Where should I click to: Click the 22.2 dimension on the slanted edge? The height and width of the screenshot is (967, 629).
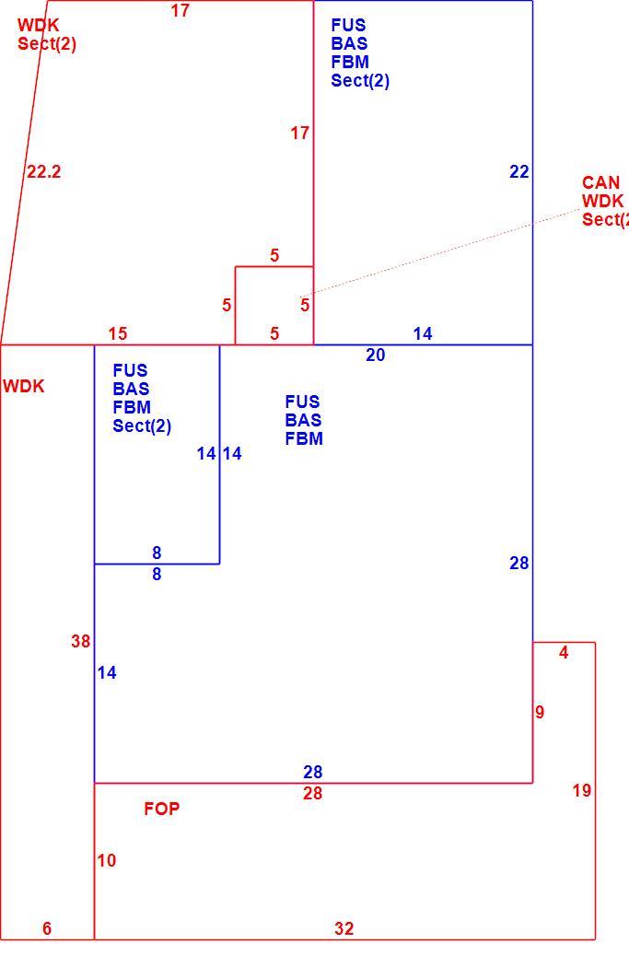click(44, 172)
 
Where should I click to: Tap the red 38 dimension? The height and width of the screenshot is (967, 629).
click(81, 641)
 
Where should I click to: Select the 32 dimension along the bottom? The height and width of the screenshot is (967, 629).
click(344, 928)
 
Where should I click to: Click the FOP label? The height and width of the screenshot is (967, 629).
click(162, 809)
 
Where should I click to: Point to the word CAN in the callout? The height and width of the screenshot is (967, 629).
click(600, 182)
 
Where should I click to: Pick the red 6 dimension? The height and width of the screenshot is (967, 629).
click(47, 928)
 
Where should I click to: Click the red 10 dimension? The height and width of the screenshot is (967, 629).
click(106, 860)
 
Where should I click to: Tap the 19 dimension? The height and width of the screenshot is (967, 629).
click(581, 790)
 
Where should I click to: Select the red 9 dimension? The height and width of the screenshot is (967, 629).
click(541, 712)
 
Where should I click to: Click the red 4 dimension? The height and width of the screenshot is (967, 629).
click(564, 652)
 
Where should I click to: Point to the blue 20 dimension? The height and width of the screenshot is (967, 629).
click(376, 355)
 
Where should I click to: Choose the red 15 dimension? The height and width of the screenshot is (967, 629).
click(118, 333)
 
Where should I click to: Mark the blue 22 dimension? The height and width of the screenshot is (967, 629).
click(519, 172)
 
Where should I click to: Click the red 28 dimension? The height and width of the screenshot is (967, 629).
click(312, 793)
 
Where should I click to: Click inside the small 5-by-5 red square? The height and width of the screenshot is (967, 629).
click(274, 306)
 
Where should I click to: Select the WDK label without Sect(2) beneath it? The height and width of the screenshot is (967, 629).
click(24, 387)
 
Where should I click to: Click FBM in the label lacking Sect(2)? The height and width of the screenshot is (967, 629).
click(304, 438)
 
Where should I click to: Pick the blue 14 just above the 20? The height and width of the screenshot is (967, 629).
click(423, 333)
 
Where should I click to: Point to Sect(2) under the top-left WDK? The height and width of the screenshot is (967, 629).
click(47, 44)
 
